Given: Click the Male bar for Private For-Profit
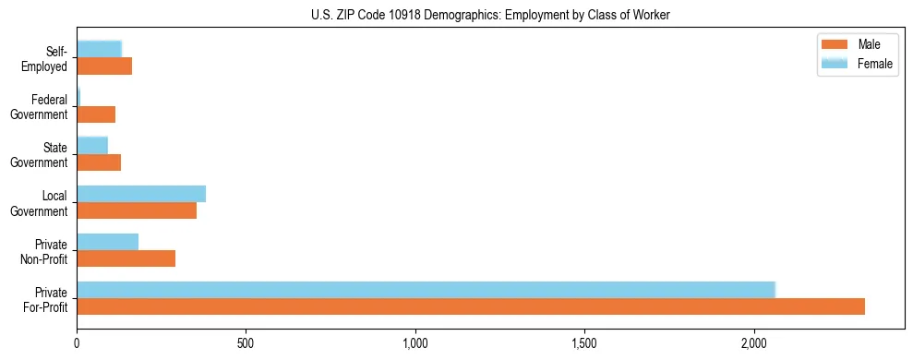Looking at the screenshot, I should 471,306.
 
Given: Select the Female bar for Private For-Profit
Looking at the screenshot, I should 426,290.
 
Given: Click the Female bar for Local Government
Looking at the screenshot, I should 141,194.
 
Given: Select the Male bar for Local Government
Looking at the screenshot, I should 137,210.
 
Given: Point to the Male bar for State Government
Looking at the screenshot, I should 99,162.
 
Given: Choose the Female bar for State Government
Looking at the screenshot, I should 92,145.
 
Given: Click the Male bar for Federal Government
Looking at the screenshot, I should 96,114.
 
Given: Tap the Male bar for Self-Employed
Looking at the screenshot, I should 104,66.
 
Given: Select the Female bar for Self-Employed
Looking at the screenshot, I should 100,49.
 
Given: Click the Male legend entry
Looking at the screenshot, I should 857,44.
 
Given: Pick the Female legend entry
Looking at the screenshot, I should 857,63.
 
